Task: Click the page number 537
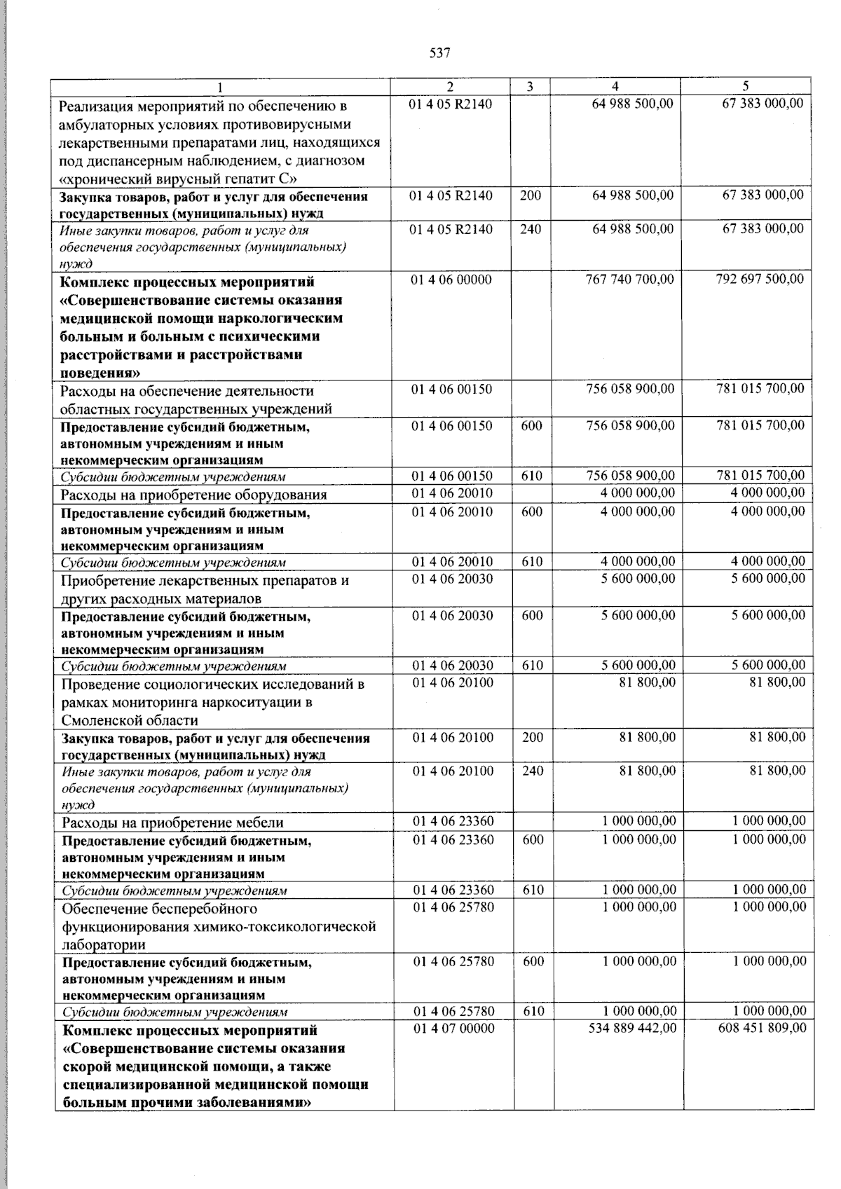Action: point(439,53)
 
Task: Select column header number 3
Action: point(530,87)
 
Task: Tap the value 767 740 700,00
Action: point(629,280)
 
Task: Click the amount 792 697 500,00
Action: point(760,279)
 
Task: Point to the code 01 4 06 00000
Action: point(451,280)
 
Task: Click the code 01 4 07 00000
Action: point(453,1028)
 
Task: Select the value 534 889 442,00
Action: point(632,1028)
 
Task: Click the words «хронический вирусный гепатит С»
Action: point(179,179)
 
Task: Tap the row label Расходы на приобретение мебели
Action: point(172,823)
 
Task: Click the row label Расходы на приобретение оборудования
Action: point(193,495)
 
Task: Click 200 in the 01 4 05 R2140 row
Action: point(531,195)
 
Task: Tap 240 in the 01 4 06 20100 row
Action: point(533,771)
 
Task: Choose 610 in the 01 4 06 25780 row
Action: point(533,1011)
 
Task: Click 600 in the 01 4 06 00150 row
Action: point(532,425)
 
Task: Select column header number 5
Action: point(745,86)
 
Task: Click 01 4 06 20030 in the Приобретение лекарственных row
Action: point(452,579)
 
